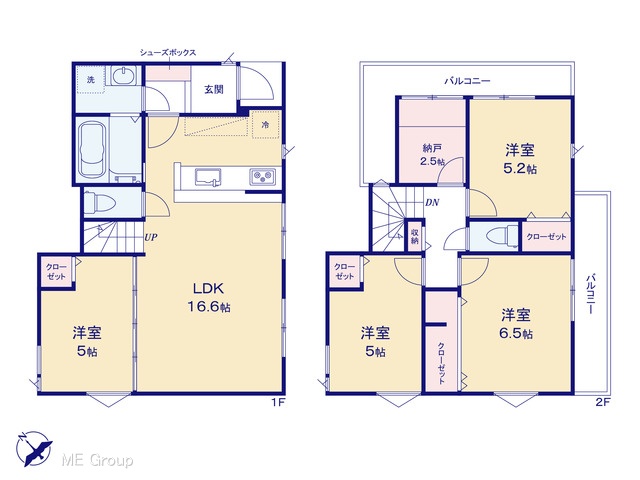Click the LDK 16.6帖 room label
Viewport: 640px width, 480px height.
[x=209, y=297]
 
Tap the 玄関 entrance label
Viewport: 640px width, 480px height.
[x=214, y=89]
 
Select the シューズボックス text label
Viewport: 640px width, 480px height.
[x=168, y=53]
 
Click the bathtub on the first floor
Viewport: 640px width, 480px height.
[x=92, y=150]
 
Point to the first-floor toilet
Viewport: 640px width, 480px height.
[x=98, y=202]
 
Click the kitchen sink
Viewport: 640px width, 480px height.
[x=208, y=177]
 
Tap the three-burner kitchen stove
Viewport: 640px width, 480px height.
[x=262, y=177]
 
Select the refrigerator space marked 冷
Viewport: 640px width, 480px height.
[x=265, y=124]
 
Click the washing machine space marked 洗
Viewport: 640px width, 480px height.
[x=91, y=80]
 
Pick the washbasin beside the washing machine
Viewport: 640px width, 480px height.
[x=123, y=76]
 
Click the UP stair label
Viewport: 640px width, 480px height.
[x=151, y=237]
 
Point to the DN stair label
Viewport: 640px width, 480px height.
[x=432, y=202]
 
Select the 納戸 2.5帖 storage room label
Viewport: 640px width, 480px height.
[x=432, y=155]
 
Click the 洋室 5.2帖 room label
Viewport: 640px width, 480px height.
[x=520, y=159]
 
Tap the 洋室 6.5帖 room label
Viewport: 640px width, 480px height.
[x=516, y=324]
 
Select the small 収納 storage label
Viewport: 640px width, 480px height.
[x=415, y=236]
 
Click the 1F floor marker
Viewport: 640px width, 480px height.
[x=278, y=402]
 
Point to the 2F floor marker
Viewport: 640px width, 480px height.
[x=602, y=402]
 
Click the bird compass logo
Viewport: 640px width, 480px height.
[x=34, y=449]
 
